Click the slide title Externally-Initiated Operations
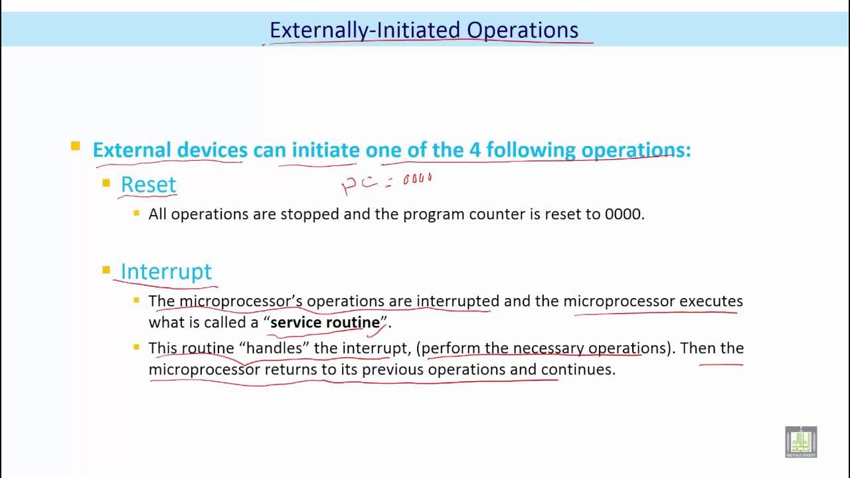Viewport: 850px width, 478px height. click(x=424, y=30)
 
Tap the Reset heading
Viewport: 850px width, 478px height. click(x=148, y=185)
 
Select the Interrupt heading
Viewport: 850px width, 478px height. click(x=166, y=271)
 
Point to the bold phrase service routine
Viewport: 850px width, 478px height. click(x=325, y=323)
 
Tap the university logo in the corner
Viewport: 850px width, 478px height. click(x=801, y=441)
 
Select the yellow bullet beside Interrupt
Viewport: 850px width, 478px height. click(x=106, y=270)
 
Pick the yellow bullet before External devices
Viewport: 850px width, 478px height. click(x=76, y=146)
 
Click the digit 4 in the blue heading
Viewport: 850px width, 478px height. click(x=475, y=150)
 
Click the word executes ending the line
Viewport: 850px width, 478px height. click(x=711, y=301)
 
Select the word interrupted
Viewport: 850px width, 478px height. click(x=458, y=301)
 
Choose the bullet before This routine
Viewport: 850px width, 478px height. click(x=137, y=347)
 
